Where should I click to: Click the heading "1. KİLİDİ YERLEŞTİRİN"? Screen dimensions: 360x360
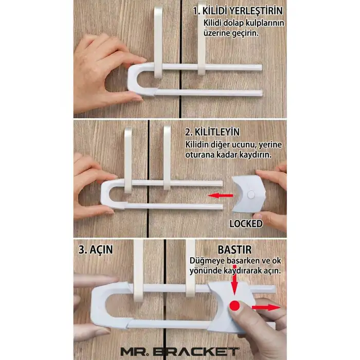click(238, 11)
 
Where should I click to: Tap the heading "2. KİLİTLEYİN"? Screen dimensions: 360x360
click(212, 132)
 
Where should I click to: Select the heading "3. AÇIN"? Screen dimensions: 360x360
click(96, 249)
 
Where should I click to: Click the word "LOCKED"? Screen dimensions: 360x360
click(246, 224)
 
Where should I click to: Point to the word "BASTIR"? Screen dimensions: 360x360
click(235, 250)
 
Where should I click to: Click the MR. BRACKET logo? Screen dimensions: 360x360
click(180, 351)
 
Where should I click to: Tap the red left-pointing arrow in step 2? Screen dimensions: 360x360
click(220, 195)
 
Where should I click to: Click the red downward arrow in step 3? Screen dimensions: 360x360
click(235, 283)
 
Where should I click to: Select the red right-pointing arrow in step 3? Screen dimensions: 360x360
click(266, 308)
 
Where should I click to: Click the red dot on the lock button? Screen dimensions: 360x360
click(235, 306)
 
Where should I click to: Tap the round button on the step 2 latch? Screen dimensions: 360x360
click(251, 195)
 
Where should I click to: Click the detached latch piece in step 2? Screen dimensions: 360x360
click(248, 194)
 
